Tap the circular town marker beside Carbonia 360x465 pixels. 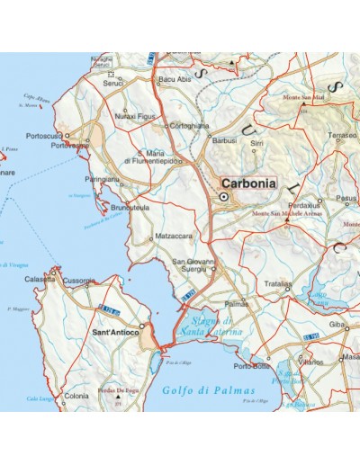coord(222,196)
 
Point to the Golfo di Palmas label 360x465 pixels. coord(210,390)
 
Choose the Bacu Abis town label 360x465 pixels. coord(174,80)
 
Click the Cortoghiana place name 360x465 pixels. coord(191,126)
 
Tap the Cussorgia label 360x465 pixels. coord(79,281)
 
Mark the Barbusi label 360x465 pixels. coord(224,141)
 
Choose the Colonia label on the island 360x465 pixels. coord(76,397)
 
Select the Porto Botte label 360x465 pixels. coord(251,365)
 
